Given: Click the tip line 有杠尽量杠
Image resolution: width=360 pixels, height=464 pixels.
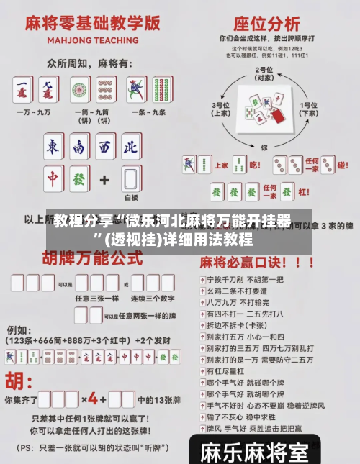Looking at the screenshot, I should (x=228, y=371).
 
